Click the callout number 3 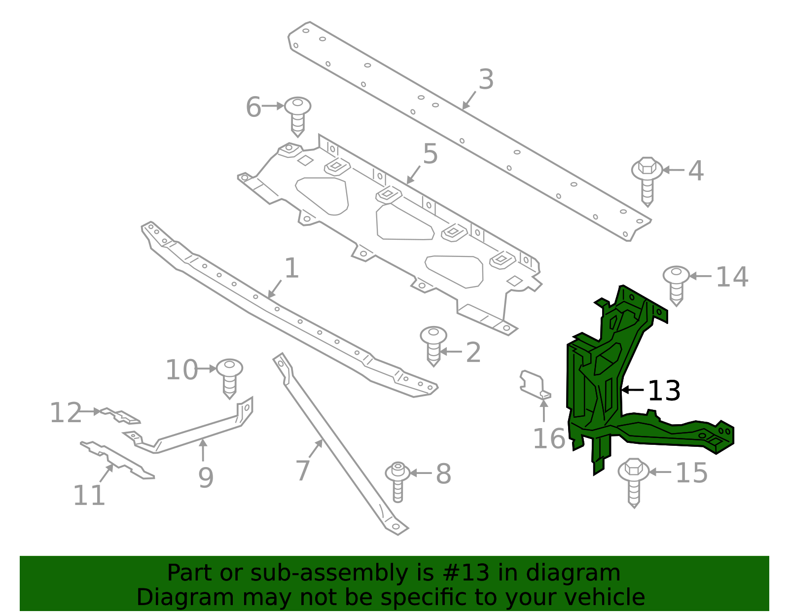[x=486, y=80]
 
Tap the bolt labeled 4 [x=647, y=181]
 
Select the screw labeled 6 [x=298, y=115]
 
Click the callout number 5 [x=430, y=154]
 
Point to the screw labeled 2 [x=433, y=346]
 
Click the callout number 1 [x=292, y=269]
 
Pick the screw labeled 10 [x=229, y=377]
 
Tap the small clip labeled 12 [x=120, y=415]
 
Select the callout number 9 [x=206, y=478]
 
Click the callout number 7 [x=303, y=471]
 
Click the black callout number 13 [x=664, y=391]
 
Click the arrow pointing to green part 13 [x=633, y=390]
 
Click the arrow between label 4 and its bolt [x=673, y=170]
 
